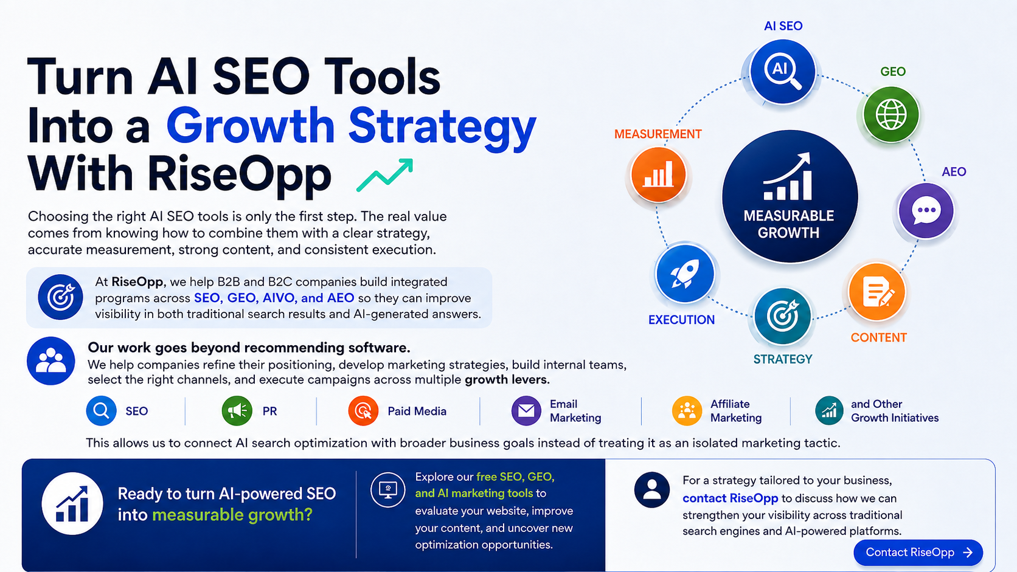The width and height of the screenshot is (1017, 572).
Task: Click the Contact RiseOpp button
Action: click(918, 552)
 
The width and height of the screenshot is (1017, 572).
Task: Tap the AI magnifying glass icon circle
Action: click(782, 72)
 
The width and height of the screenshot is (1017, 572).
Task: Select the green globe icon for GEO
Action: click(890, 115)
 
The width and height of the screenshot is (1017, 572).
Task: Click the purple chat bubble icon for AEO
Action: click(926, 210)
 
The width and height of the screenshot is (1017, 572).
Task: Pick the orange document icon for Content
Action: click(876, 292)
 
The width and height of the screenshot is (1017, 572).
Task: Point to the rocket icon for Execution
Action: click(685, 274)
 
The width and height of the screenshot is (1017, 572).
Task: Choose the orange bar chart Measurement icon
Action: click(658, 174)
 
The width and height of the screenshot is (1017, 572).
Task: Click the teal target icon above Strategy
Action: click(782, 316)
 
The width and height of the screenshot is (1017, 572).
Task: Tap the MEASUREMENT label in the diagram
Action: click(658, 134)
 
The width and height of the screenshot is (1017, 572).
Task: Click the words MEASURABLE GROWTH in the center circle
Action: click(789, 224)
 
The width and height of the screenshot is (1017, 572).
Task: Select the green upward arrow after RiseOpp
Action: click(385, 175)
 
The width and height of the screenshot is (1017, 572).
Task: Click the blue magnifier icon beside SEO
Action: click(101, 410)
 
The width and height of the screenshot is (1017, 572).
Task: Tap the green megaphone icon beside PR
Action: click(237, 410)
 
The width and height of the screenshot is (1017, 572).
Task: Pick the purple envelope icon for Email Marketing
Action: click(526, 410)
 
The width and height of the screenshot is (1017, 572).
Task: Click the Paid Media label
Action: click(417, 411)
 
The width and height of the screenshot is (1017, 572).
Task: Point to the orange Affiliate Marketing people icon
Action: click(687, 410)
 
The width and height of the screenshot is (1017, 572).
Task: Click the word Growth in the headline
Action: click(251, 126)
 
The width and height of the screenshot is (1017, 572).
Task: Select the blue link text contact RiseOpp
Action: click(730, 498)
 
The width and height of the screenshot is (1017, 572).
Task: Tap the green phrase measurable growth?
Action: click(232, 515)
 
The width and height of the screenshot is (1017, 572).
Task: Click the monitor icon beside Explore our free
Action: click(387, 489)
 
